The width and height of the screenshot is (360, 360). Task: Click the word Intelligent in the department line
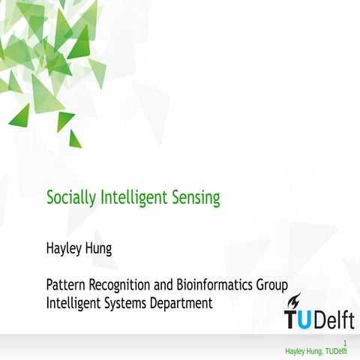click(74, 304)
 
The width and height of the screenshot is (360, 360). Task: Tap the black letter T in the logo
click(294, 321)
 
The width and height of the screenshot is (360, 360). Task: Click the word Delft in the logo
click(337, 320)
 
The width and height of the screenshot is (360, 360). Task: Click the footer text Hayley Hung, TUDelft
click(316, 352)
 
